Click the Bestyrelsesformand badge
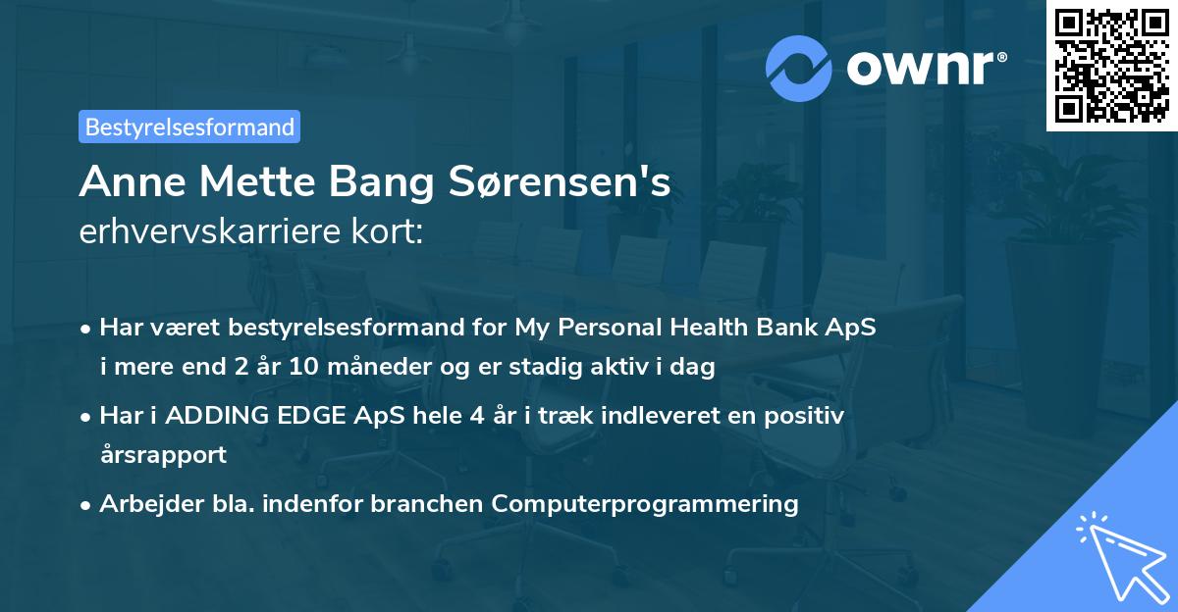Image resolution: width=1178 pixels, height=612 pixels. [x=189, y=127]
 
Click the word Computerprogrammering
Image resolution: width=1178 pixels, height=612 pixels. [x=645, y=504]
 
